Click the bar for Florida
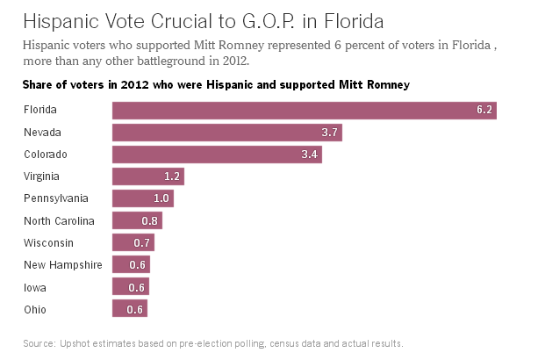tap(305, 111)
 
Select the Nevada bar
tap(226, 133)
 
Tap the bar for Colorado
tap(217, 155)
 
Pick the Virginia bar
tap(147, 176)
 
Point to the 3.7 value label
tap(331, 133)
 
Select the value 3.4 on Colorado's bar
tap(311, 155)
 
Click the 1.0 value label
tap(161, 198)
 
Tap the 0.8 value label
tap(150, 221)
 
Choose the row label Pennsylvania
tap(55, 198)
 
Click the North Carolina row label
tap(59, 221)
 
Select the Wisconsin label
tap(49, 243)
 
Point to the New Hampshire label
tap(62, 265)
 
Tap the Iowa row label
tap(35, 287)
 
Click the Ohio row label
tap(36, 309)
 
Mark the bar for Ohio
tap(130, 309)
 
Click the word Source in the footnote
tap(39, 342)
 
